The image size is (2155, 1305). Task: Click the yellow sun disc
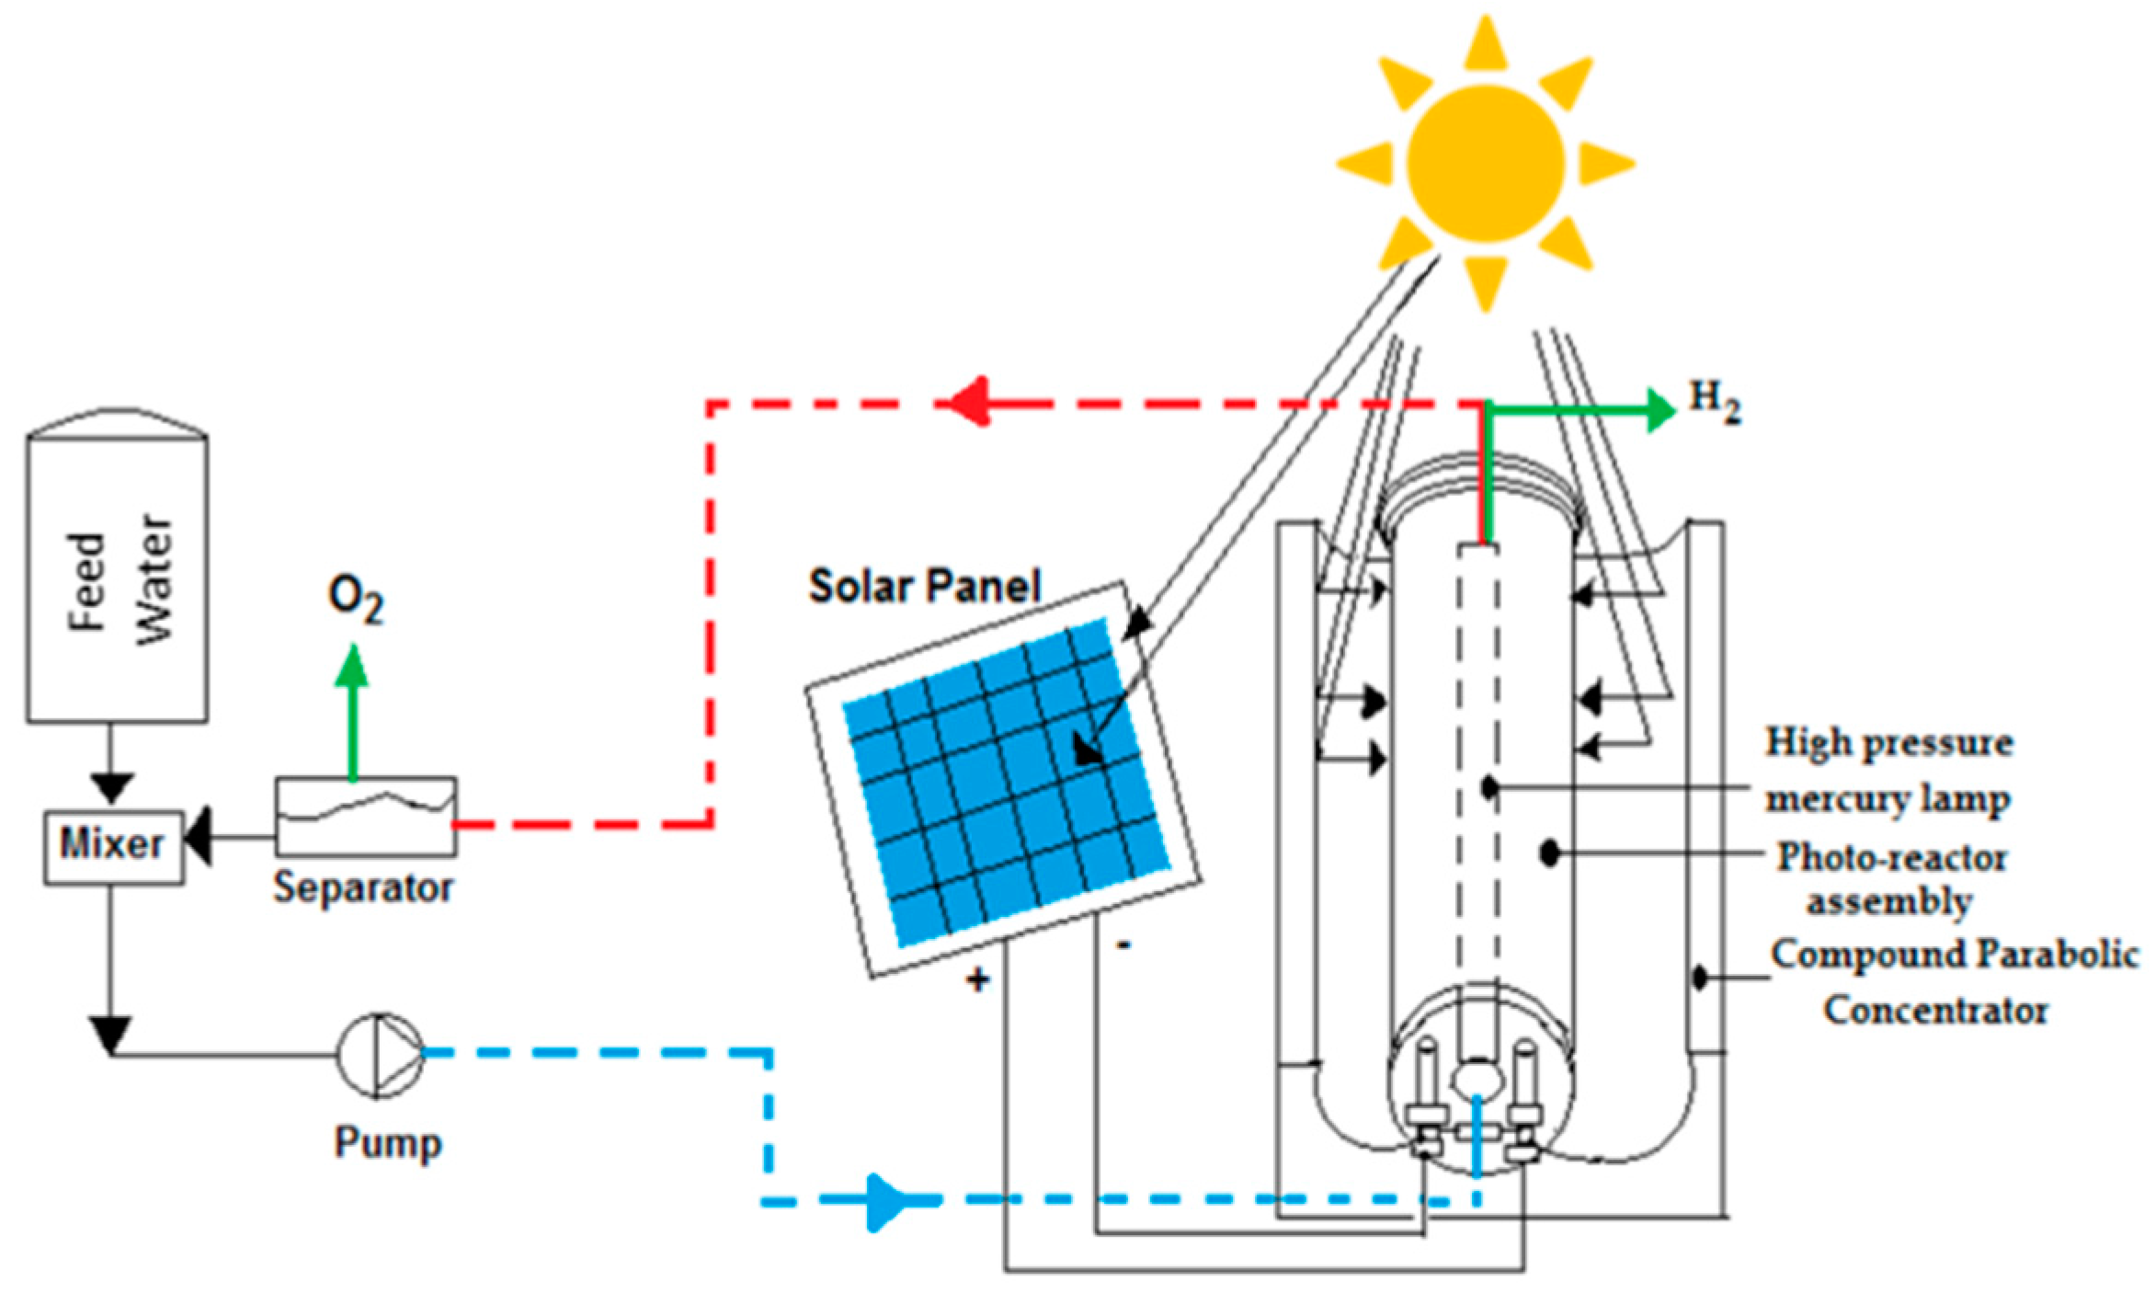point(1485,163)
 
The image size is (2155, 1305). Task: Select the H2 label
point(1716,402)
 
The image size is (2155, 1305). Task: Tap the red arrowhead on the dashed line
point(970,402)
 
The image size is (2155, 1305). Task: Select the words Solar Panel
point(924,586)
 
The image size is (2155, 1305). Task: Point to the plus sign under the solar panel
point(977,980)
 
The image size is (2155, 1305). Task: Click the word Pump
point(388,1143)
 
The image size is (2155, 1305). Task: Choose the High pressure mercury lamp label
point(1888,771)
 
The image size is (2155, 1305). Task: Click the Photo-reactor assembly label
point(1891,878)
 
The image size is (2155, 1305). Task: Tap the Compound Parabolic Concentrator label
point(1955,982)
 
